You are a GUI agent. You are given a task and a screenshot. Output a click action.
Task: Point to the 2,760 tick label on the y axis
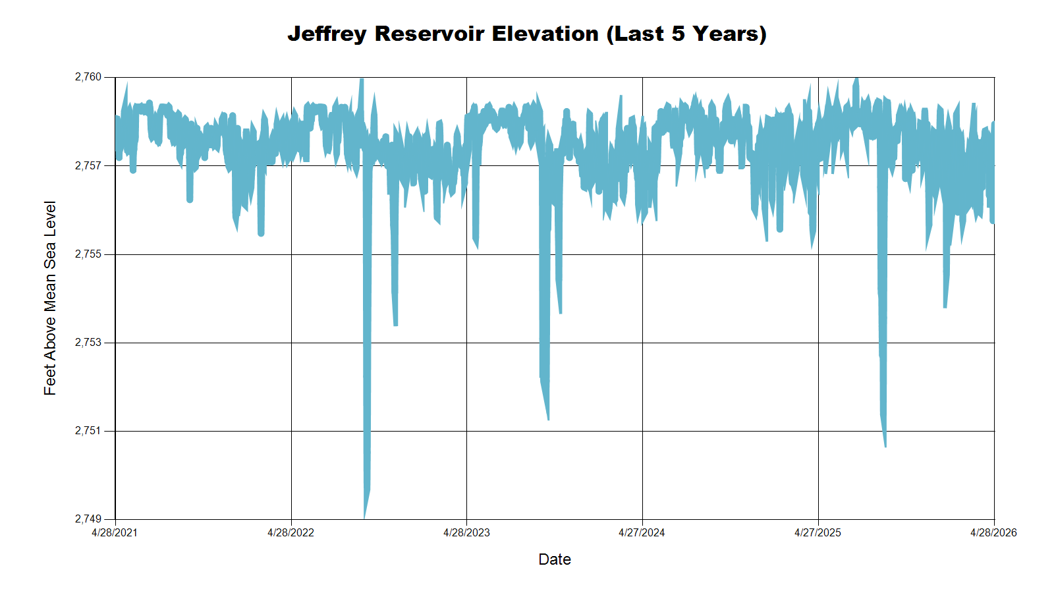click(x=88, y=77)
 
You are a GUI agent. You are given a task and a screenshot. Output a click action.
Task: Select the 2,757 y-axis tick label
click(x=88, y=165)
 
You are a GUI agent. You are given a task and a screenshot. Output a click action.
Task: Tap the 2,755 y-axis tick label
click(x=88, y=254)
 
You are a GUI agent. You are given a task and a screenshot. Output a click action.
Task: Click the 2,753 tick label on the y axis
click(x=88, y=343)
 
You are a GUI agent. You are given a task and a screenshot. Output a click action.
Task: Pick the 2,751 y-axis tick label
click(x=88, y=431)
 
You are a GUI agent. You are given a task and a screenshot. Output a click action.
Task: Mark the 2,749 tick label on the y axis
click(x=88, y=519)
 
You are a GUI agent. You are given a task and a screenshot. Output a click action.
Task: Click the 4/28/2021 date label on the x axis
click(x=115, y=533)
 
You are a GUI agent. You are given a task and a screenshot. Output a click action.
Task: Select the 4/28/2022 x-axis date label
click(x=291, y=533)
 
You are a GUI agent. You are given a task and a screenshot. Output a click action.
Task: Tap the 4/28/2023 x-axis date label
click(x=466, y=533)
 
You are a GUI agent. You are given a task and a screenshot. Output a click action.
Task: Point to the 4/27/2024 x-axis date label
click(x=642, y=533)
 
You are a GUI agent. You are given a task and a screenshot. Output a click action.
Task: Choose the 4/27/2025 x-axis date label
click(x=818, y=533)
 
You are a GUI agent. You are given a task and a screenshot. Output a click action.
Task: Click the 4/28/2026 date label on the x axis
click(x=993, y=533)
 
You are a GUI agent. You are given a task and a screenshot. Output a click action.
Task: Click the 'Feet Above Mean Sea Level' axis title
click(x=50, y=298)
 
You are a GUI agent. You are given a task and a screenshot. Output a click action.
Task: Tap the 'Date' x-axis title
click(x=555, y=559)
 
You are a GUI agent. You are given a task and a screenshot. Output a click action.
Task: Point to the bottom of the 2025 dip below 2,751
click(x=885, y=446)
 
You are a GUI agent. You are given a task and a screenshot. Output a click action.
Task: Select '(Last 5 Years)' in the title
click(x=686, y=34)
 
